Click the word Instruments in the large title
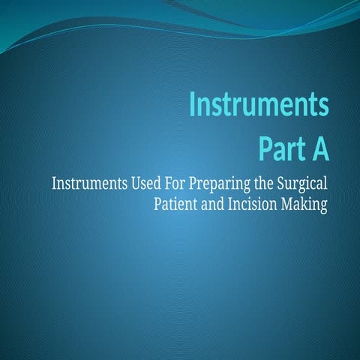coord(258,105)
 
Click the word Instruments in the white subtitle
coord(85,183)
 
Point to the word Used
coord(140,183)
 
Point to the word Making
coord(305,204)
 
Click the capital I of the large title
coord(192,105)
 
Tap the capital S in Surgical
coord(283,183)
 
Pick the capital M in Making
coord(289,203)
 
